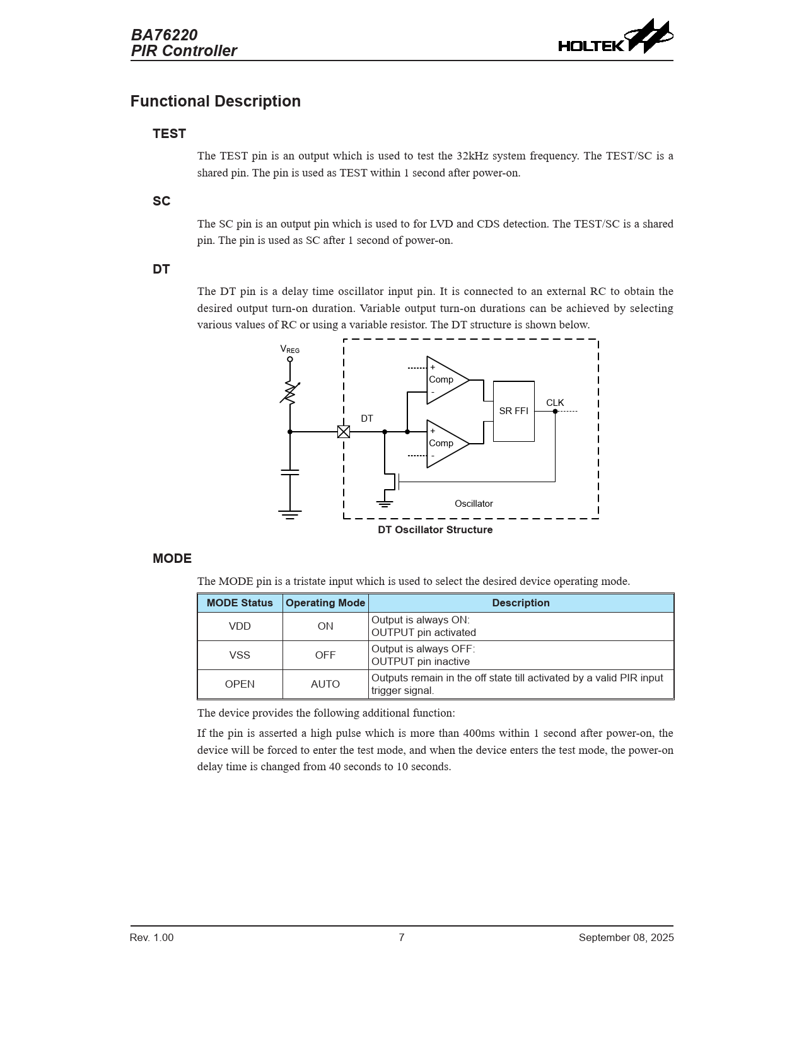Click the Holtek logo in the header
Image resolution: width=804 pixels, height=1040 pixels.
(x=615, y=38)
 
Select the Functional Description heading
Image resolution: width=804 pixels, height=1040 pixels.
(x=215, y=101)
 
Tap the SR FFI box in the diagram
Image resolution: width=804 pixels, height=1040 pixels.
(x=513, y=411)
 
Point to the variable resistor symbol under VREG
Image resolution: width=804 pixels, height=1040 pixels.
(x=290, y=393)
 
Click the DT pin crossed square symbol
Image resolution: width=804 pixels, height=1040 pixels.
(x=344, y=432)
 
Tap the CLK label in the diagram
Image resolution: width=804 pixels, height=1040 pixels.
(x=555, y=403)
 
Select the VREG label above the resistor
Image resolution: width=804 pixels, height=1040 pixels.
(x=289, y=349)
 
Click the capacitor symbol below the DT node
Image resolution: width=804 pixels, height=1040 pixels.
(x=290, y=472)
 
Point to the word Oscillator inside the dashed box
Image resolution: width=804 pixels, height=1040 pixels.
(x=474, y=504)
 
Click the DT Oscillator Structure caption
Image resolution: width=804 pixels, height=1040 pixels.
(x=435, y=530)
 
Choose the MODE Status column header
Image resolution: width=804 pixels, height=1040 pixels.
(x=240, y=603)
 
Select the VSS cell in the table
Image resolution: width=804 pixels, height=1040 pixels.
(x=240, y=656)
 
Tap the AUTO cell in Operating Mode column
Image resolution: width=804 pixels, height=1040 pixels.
(x=325, y=685)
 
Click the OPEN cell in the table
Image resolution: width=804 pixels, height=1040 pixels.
(x=240, y=685)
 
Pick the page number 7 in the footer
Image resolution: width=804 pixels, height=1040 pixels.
(x=402, y=938)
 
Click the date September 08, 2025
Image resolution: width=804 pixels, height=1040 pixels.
(x=626, y=938)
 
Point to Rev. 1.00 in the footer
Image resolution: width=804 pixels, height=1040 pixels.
(x=151, y=938)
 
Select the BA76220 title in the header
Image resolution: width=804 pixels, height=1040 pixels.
(x=164, y=35)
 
